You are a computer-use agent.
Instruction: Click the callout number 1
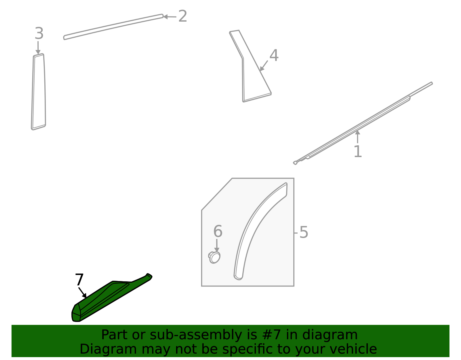pos(358,152)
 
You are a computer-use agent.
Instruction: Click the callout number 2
pos(183,16)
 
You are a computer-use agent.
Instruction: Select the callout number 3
pos(39,34)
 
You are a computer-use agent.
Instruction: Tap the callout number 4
pos(274,56)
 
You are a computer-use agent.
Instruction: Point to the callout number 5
pos(304,232)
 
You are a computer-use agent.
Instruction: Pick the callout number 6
pos(218,231)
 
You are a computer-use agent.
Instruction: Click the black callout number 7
pos(79,280)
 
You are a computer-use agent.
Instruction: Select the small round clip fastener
pos(214,257)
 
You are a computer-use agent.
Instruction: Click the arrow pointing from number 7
pos(82,293)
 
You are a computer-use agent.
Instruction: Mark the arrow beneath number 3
pos(38,48)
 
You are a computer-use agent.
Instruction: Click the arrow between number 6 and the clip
pos(217,245)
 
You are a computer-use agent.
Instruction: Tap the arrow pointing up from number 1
pos(358,137)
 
